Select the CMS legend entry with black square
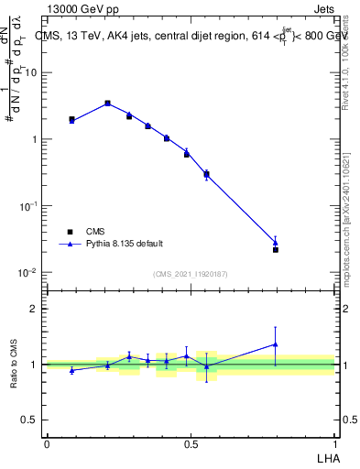[95, 232]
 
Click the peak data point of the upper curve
[107, 104]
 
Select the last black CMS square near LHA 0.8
[276, 249]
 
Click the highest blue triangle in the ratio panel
[276, 344]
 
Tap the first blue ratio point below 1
[71, 370]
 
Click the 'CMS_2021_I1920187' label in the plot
[190, 274]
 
